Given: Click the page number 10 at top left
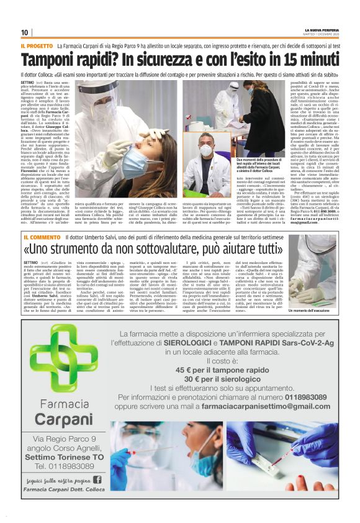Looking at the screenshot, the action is (24, 32).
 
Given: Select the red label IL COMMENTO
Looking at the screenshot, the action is (42, 238).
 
